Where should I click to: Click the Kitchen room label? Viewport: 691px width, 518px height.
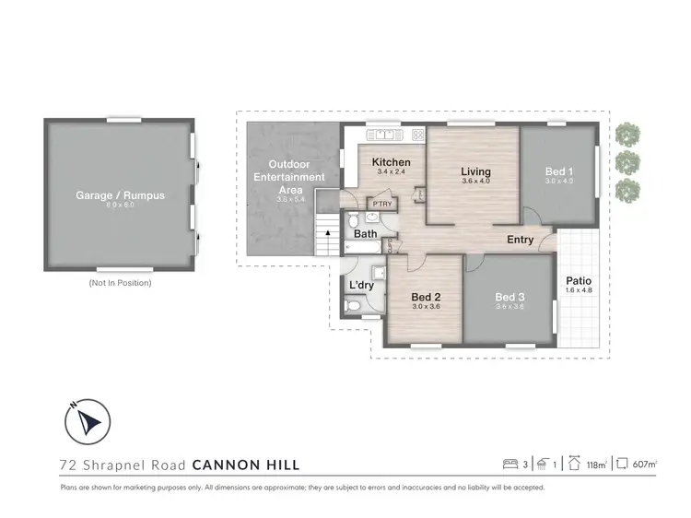coord(391,162)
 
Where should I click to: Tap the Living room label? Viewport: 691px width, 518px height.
coord(476,171)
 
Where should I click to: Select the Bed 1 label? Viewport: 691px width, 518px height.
coord(558,171)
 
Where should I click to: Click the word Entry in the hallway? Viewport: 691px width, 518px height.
coord(520,240)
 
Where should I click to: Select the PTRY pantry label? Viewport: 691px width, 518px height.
coord(382,204)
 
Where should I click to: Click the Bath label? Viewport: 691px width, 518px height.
coord(366,234)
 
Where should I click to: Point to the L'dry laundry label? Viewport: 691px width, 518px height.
coord(361,285)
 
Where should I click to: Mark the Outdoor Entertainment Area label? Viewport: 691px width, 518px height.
coord(290,177)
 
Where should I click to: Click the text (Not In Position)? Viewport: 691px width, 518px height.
coord(120,283)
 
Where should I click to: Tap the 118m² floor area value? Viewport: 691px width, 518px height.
coord(597,465)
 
